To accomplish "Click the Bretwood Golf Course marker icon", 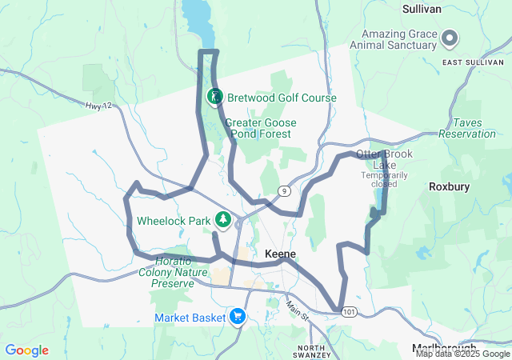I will click(x=214, y=98).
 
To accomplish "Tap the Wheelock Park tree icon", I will click(x=225, y=219).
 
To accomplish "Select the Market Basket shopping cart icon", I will click(x=237, y=318).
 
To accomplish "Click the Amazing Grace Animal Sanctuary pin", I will click(x=450, y=38).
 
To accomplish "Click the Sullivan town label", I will click(x=422, y=8).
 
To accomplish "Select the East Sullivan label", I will click(x=471, y=62).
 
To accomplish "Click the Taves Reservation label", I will click(x=474, y=128).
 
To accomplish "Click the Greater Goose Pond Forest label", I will click(x=261, y=128).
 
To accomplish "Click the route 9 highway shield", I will click(x=284, y=190).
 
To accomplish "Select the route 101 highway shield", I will click(x=346, y=311).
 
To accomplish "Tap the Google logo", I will click(x=26, y=350).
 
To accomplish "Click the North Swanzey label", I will click(x=311, y=351).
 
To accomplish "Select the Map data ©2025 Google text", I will click(x=462, y=354).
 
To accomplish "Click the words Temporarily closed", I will click(x=379, y=178).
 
